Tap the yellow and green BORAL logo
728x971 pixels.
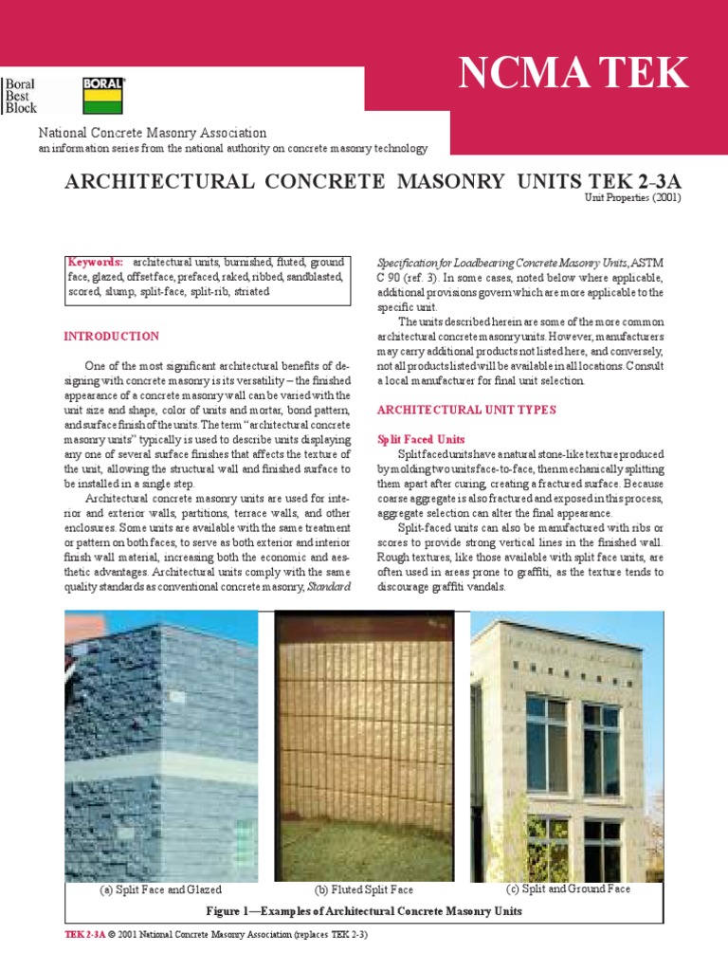click(102, 96)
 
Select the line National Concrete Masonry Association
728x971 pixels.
click(152, 133)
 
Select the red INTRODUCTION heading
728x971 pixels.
click(111, 337)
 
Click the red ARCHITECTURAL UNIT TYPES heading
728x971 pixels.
click(466, 410)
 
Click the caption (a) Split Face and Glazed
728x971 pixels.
click(161, 889)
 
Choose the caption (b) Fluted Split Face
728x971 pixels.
click(364, 890)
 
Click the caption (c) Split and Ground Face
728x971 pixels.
click(569, 889)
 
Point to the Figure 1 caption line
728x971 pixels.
click(364, 910)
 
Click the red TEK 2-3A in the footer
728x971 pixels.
click(83, 935)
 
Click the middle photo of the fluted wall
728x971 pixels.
click(365, 745)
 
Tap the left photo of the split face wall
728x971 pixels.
click(161, 745)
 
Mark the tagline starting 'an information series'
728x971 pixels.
click(232, 149)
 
